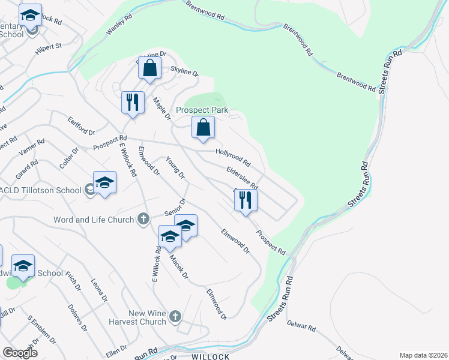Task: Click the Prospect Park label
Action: [201, 110]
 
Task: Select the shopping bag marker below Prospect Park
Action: [203, 127]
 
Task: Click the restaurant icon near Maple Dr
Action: [133, 102]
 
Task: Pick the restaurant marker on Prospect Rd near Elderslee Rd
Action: [245, 199]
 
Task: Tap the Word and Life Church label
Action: [94, 220]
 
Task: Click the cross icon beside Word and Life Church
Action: [143, 220]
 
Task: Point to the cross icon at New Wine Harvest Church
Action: [175, 316]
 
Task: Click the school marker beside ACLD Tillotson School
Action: [104, 182]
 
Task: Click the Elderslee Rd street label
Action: [242, 178]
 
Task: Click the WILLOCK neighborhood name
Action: [211, 356]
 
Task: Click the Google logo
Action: [20, 353]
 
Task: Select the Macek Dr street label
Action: [179, 268]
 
